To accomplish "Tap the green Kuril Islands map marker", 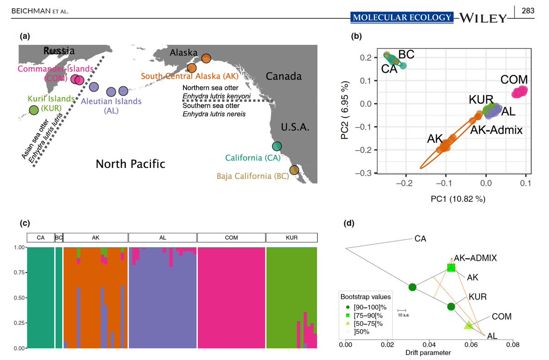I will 33,110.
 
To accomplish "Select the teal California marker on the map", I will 277,146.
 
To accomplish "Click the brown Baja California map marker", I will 294,170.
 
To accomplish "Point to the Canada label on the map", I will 284,76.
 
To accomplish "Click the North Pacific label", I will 130,164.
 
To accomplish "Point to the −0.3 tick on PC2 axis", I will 364,173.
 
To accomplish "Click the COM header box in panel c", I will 231,238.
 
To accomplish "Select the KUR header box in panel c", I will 291,238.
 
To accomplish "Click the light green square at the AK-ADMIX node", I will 452,268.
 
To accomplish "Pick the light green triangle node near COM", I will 468,325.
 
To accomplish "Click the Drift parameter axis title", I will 428,353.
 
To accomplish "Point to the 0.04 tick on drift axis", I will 429,344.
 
